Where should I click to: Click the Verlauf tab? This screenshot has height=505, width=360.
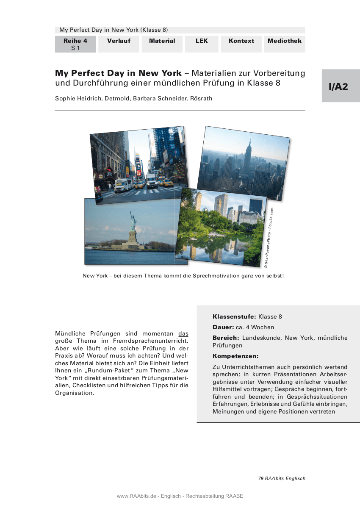119,41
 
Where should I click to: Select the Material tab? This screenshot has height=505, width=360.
162,41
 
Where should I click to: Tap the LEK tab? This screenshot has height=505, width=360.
202,41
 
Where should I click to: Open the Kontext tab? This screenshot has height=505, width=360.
241,41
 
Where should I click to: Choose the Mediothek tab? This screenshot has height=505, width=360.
285,41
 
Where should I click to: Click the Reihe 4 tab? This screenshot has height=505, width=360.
75,44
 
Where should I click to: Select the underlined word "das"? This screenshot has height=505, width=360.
183,333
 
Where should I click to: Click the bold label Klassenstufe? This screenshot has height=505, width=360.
234,316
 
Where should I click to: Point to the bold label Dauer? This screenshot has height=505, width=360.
223,327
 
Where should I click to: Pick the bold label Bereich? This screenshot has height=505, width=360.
226,338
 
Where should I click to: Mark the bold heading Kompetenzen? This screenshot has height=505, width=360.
235,356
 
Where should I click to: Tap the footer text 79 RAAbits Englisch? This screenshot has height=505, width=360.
282,478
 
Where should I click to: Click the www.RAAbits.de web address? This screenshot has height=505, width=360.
134,496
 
